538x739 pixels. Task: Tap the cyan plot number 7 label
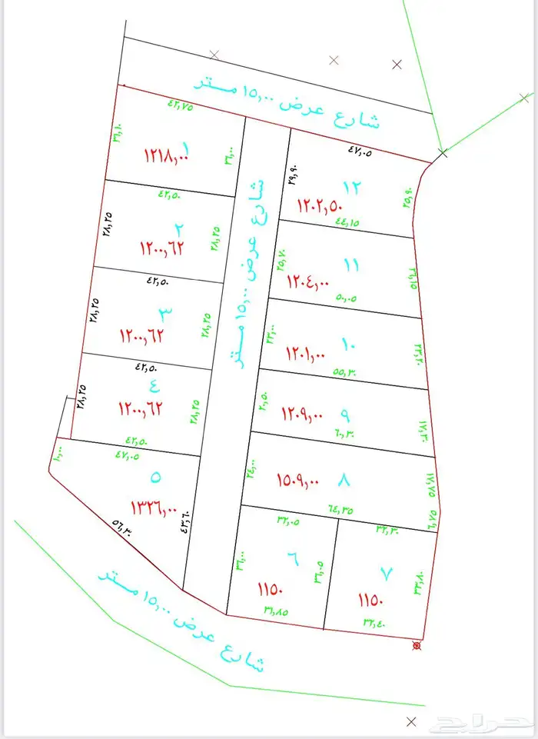pyautogui.click(x=386, y=574)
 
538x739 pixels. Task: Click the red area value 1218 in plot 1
pyautogui.click(x=165, y=155)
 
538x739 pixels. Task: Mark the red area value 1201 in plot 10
pyautogui.click(x=306, y=355)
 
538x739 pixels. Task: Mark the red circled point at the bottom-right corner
pyautogui.click(x=417, y=644)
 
